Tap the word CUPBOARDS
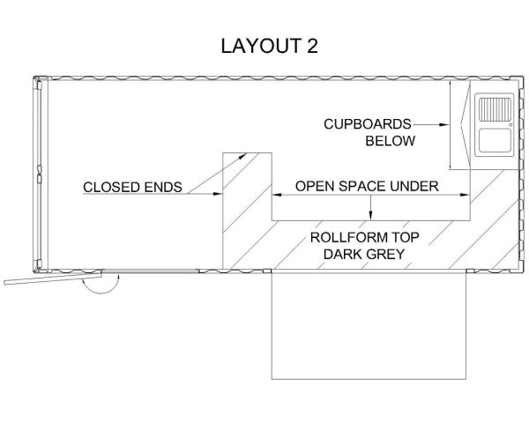point(367,124)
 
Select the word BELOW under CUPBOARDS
point(390,140)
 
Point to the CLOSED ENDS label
point(132,187)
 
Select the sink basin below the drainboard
point(492,140)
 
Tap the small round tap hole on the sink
point(510,125)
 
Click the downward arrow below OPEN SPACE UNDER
point(371,213)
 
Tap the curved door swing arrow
point(99,283)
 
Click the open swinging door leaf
point(44,280)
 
